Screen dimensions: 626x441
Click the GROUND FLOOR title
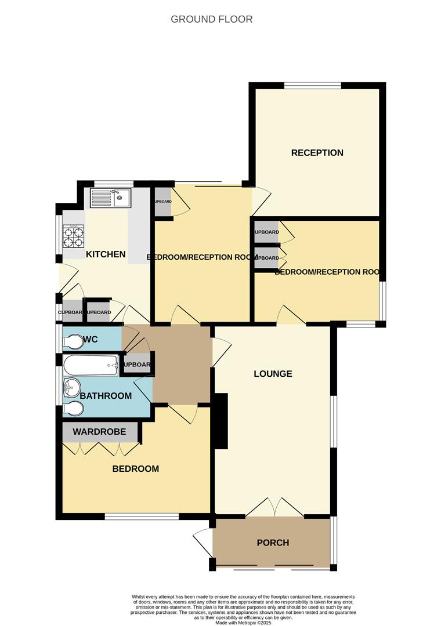pyautogui.click(x=211, y=19)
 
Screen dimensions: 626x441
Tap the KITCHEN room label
pyautogui.click(x=106, y=254)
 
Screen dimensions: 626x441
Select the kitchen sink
pyautogui.click(x=111, y=199)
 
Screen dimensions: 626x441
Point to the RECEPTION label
pyautogui.click(x=317, y=153)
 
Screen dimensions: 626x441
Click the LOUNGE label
pyautogui.click(x=273, y=374)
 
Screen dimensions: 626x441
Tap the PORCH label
pyautogui.click(x=273, y=543)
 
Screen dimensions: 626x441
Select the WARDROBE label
pyautogui.click(x=100, y=432)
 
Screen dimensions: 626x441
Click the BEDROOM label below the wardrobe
pyautogui.click(x=135, y=468)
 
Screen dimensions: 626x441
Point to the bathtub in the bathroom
pyautogui.click(x=91, y=365)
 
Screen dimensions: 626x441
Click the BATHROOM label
pyautogui.click(x=106, y=396)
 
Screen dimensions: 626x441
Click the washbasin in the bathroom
pyautogui.click(x=71, y=387)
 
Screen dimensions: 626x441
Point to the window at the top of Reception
pyautogui.click(x=313, y=86)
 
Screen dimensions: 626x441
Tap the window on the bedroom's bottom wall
pyautogui.click(x=142, y=516)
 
